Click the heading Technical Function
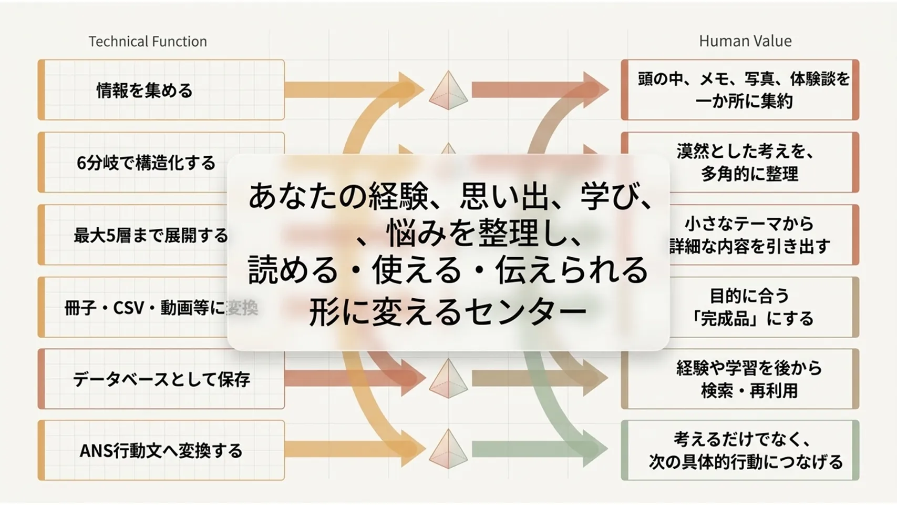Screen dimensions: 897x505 click(148, 41)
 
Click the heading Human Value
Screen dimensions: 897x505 click(745, 41)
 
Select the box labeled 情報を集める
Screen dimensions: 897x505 click(161, 90)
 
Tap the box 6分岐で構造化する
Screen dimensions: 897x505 click(161, 163)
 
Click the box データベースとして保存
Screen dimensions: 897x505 click(161, 379)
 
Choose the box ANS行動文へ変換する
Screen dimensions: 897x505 click(161, 450)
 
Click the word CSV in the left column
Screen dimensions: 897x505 click(129, 308)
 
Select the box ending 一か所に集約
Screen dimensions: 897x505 click(740, 90)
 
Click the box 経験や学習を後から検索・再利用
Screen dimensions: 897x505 click(740, 379)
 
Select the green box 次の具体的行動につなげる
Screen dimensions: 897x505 click(740, 450)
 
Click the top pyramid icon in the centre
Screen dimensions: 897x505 click(448, 90)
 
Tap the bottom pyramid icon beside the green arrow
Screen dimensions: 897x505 click(448, 449)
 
